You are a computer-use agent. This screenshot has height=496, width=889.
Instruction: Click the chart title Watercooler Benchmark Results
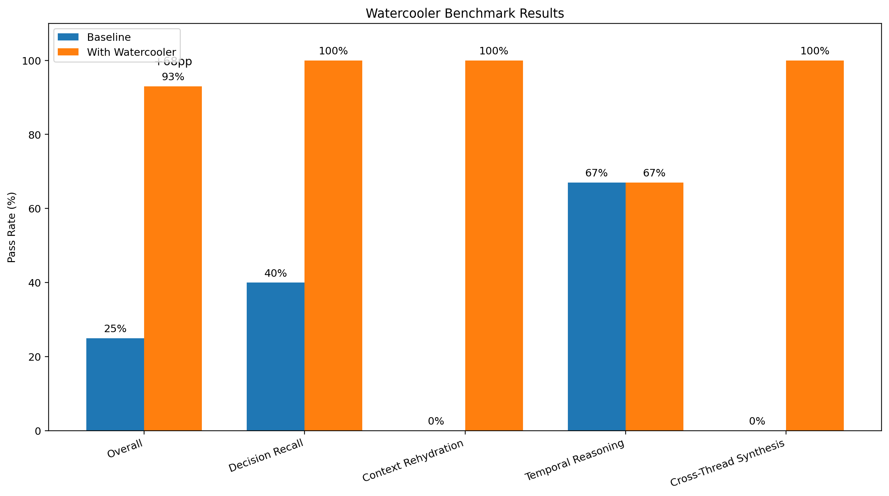465,14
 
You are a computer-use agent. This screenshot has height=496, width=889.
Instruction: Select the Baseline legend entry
109,37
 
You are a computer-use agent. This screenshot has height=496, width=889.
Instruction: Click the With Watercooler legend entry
131,52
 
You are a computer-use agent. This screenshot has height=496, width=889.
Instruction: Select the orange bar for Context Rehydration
494,245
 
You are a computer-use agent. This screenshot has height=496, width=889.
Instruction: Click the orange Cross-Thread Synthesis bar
815,245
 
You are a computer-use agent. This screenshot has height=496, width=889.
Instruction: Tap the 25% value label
115,329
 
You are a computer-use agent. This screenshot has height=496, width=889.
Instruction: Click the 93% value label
173,77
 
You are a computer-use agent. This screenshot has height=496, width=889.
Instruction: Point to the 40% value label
275,273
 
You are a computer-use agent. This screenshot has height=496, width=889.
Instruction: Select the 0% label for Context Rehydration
436,421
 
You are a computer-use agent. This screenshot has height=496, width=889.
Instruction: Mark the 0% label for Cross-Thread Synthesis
757,421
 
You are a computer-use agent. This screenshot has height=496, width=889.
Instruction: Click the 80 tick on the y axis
35,135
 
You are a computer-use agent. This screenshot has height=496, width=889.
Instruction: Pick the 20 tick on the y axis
35,357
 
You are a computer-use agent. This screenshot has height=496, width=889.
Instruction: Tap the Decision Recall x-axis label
266,456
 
